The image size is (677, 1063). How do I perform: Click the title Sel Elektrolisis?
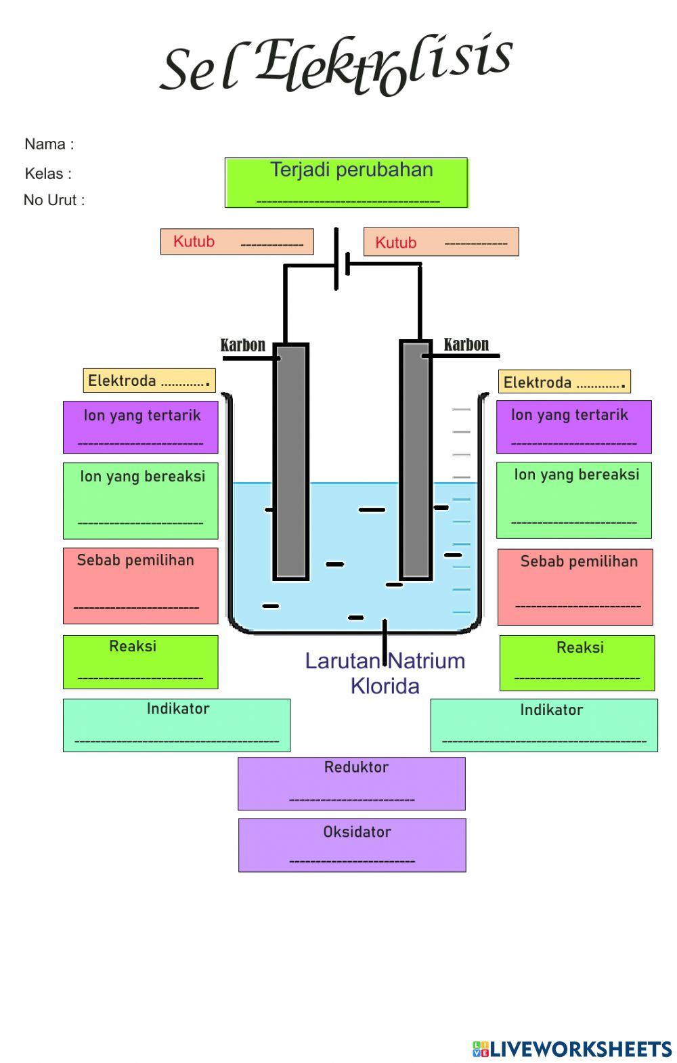click(336, 65)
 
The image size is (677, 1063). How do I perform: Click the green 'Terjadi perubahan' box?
click(346, 183)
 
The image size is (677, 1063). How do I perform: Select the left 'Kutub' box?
click(237, 242)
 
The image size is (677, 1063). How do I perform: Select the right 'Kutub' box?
click(441, 242)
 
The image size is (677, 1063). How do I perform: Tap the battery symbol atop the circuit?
click(341, 261)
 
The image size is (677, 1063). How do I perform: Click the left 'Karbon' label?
click(243, 345)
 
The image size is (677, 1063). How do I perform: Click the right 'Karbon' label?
click(466, 345)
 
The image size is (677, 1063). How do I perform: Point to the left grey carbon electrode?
click(291, 460)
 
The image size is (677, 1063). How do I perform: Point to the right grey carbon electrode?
click(416, 460)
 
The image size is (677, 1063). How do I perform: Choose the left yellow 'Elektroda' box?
click(149, 381)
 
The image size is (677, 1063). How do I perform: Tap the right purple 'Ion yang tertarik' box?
click(573, 427)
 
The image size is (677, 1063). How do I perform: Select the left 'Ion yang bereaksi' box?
click(141, 500)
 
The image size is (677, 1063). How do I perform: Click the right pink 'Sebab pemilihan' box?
click(575, 586)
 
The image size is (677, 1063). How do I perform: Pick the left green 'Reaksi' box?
click(141, 661)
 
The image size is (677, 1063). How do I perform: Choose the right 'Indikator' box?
click(544, 725)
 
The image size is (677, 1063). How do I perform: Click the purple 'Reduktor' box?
click(351, 783)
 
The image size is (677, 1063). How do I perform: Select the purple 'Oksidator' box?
click(352, 844)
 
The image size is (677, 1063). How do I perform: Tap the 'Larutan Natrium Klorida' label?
click(385, 673)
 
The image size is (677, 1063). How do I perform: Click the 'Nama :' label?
click(49, 144)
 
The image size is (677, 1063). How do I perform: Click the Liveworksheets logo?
click(572, 1049)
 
